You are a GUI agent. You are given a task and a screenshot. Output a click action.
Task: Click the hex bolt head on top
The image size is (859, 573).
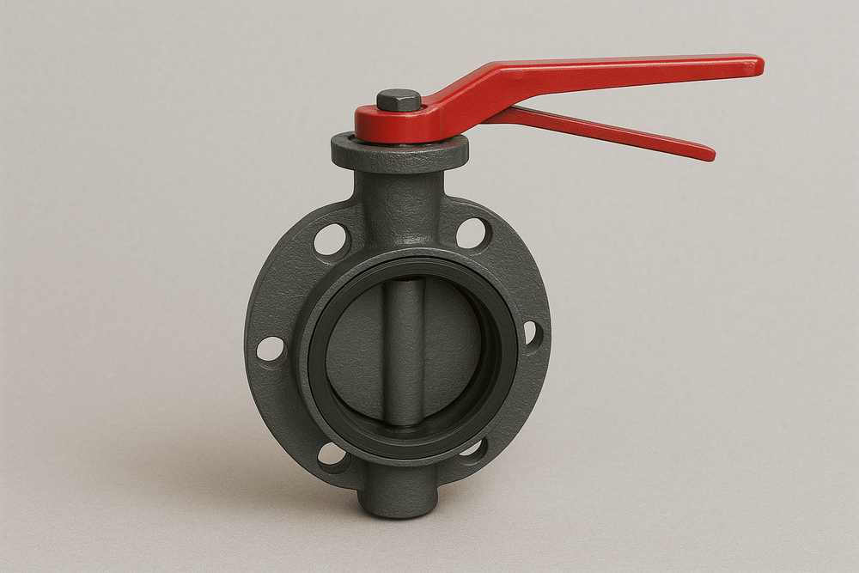tap(399, 101)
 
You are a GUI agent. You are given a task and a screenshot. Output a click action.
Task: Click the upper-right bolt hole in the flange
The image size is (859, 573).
tap(472, 233)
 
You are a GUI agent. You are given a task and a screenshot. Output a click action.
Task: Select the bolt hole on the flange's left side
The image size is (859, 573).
tap(271, 348)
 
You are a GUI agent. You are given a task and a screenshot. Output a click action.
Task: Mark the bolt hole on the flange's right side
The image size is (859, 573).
tap(531, 333)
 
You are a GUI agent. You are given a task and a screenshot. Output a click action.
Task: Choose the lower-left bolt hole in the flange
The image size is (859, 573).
tap(332, 454)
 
